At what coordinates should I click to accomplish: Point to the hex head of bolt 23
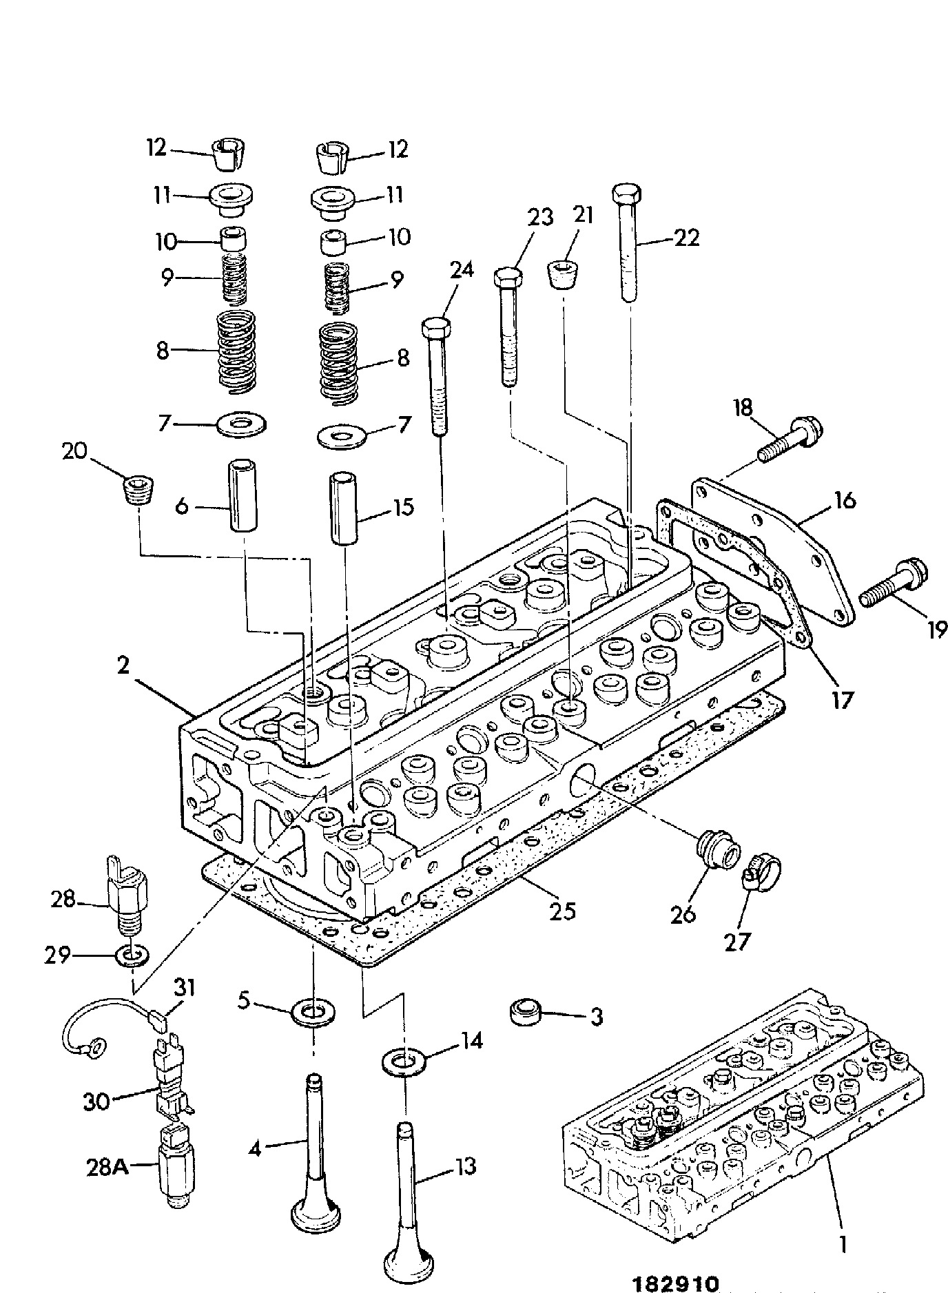508,278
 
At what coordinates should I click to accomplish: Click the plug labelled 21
564,275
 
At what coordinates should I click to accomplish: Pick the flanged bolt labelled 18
790,439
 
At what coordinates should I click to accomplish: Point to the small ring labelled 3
526,1013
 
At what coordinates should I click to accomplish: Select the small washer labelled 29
130,956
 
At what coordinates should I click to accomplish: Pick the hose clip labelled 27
761,881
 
